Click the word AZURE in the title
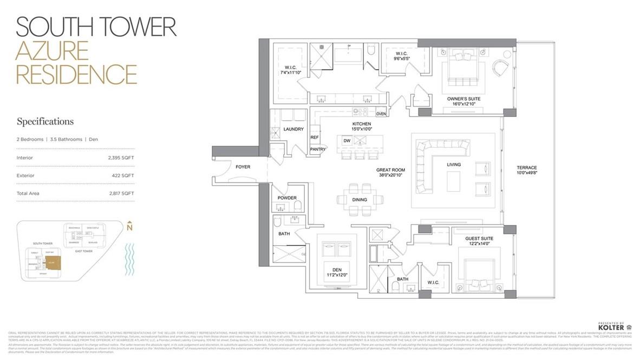[52, 51]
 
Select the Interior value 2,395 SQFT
[121, 158]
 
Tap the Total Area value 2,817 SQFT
[121, 193]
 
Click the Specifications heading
[45, 121]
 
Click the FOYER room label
[243, 167]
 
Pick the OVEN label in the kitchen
[381, 114]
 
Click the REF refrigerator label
[314, 137]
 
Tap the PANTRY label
[317, 149]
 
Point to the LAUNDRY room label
[293, 129]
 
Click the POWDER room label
[287, 198]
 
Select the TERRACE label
[526, 168]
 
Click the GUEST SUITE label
[479, 238]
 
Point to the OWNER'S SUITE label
[463, 99]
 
